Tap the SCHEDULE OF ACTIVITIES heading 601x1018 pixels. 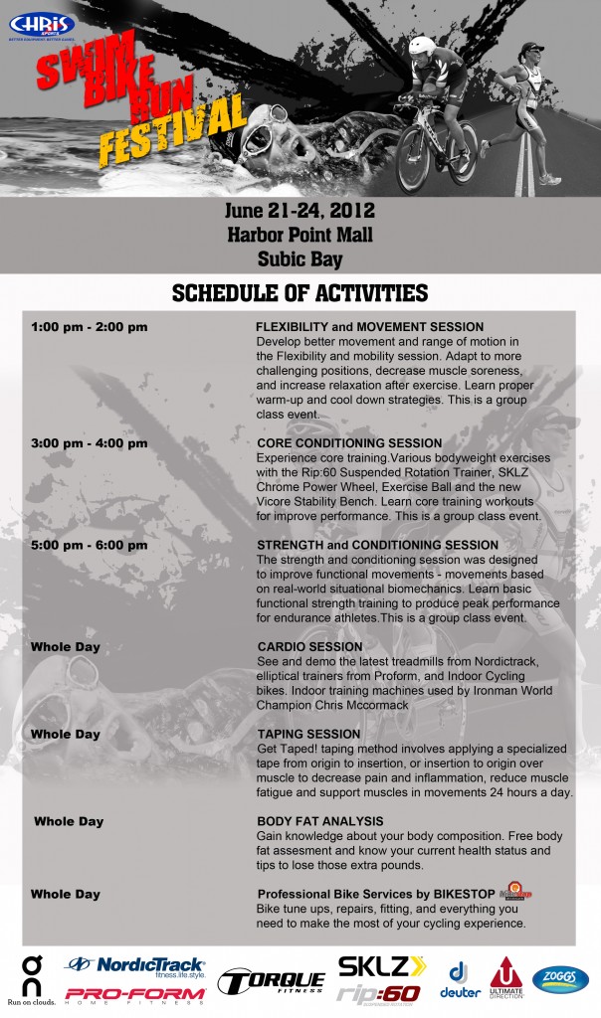pyautogui.click(x=300, y=292)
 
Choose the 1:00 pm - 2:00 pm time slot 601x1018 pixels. pyautogui.click(x=90, y=327)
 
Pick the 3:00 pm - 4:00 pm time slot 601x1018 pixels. pyautogui.click(x=90, y=442)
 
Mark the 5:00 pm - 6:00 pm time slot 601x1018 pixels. pyautogui.click(x=90, y=545)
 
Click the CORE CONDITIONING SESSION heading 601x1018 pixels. pyautogui.click(x=349, y=442)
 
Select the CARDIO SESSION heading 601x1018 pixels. pyautogui.click(x=309, y=647)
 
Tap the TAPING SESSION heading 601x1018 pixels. pyautogui.click(x=308, y=734)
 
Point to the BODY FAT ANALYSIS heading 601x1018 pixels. pyautogui.click(x=319, y=821)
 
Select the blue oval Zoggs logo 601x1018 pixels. pyautogui.click(x=560, y=979)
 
